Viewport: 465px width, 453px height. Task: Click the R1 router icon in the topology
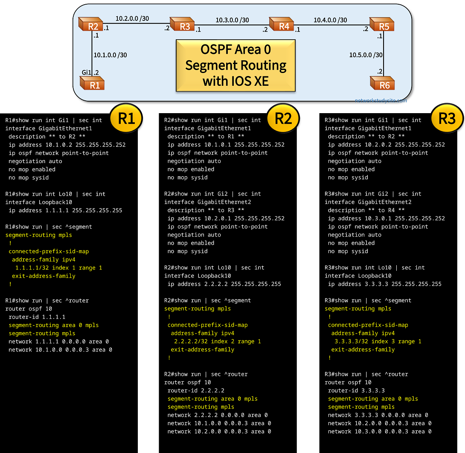[x=93, y=83]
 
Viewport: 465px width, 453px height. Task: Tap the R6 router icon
[x=382, y=84]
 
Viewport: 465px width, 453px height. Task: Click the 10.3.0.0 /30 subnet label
[x=232, y=20]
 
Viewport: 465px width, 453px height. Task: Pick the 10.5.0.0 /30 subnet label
[x=366, y=55]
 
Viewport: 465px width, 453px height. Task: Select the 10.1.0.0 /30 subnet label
[x=110, y=55]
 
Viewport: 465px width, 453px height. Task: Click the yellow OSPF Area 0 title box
[x=235, y=65]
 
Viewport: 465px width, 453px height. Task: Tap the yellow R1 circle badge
[x=126, y=118]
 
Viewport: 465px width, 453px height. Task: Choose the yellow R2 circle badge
[x=283, y=118]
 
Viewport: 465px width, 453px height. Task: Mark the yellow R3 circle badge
[x=447, y=118]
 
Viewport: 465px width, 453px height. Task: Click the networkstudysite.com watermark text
[x=381, y=101]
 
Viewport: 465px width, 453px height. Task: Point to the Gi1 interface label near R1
[x=87, y=73]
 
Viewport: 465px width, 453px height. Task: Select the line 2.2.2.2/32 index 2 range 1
[x=217, y=341]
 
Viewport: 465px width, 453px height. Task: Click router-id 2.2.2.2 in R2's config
[x=196, y=390]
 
